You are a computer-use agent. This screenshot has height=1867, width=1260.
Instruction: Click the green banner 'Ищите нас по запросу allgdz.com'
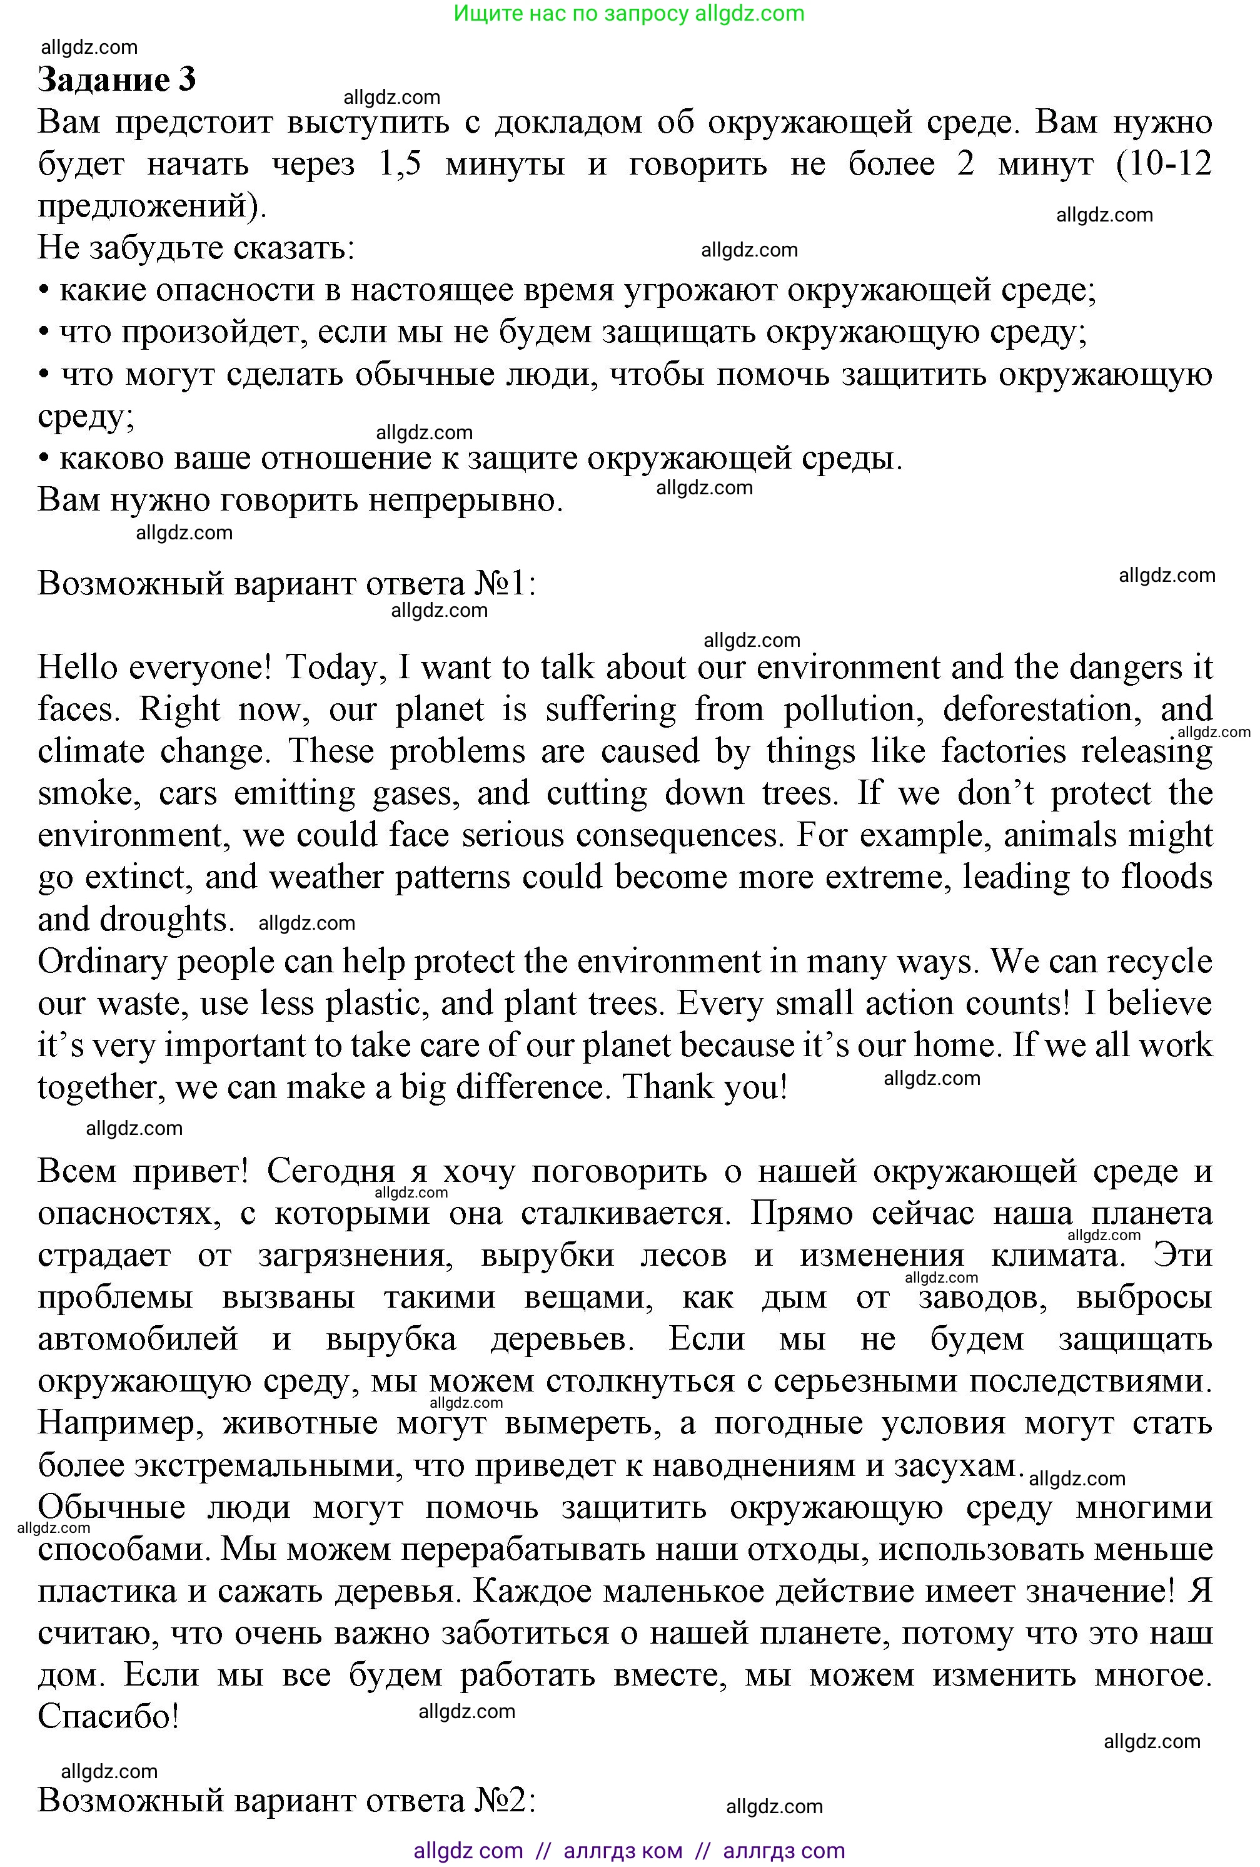pos(629,14)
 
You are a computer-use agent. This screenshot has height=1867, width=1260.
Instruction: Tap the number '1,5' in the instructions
pos(399,164)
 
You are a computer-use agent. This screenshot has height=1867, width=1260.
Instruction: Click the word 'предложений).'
pos(153,206)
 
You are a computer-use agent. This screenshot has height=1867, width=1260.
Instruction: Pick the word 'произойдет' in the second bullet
pos(214,332)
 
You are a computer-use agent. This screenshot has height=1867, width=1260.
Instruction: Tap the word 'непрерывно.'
pos(466,501)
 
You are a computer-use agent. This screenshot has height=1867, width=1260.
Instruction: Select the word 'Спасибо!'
pos(108,1717)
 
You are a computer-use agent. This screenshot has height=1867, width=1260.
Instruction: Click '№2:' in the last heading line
pos(503,1800)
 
